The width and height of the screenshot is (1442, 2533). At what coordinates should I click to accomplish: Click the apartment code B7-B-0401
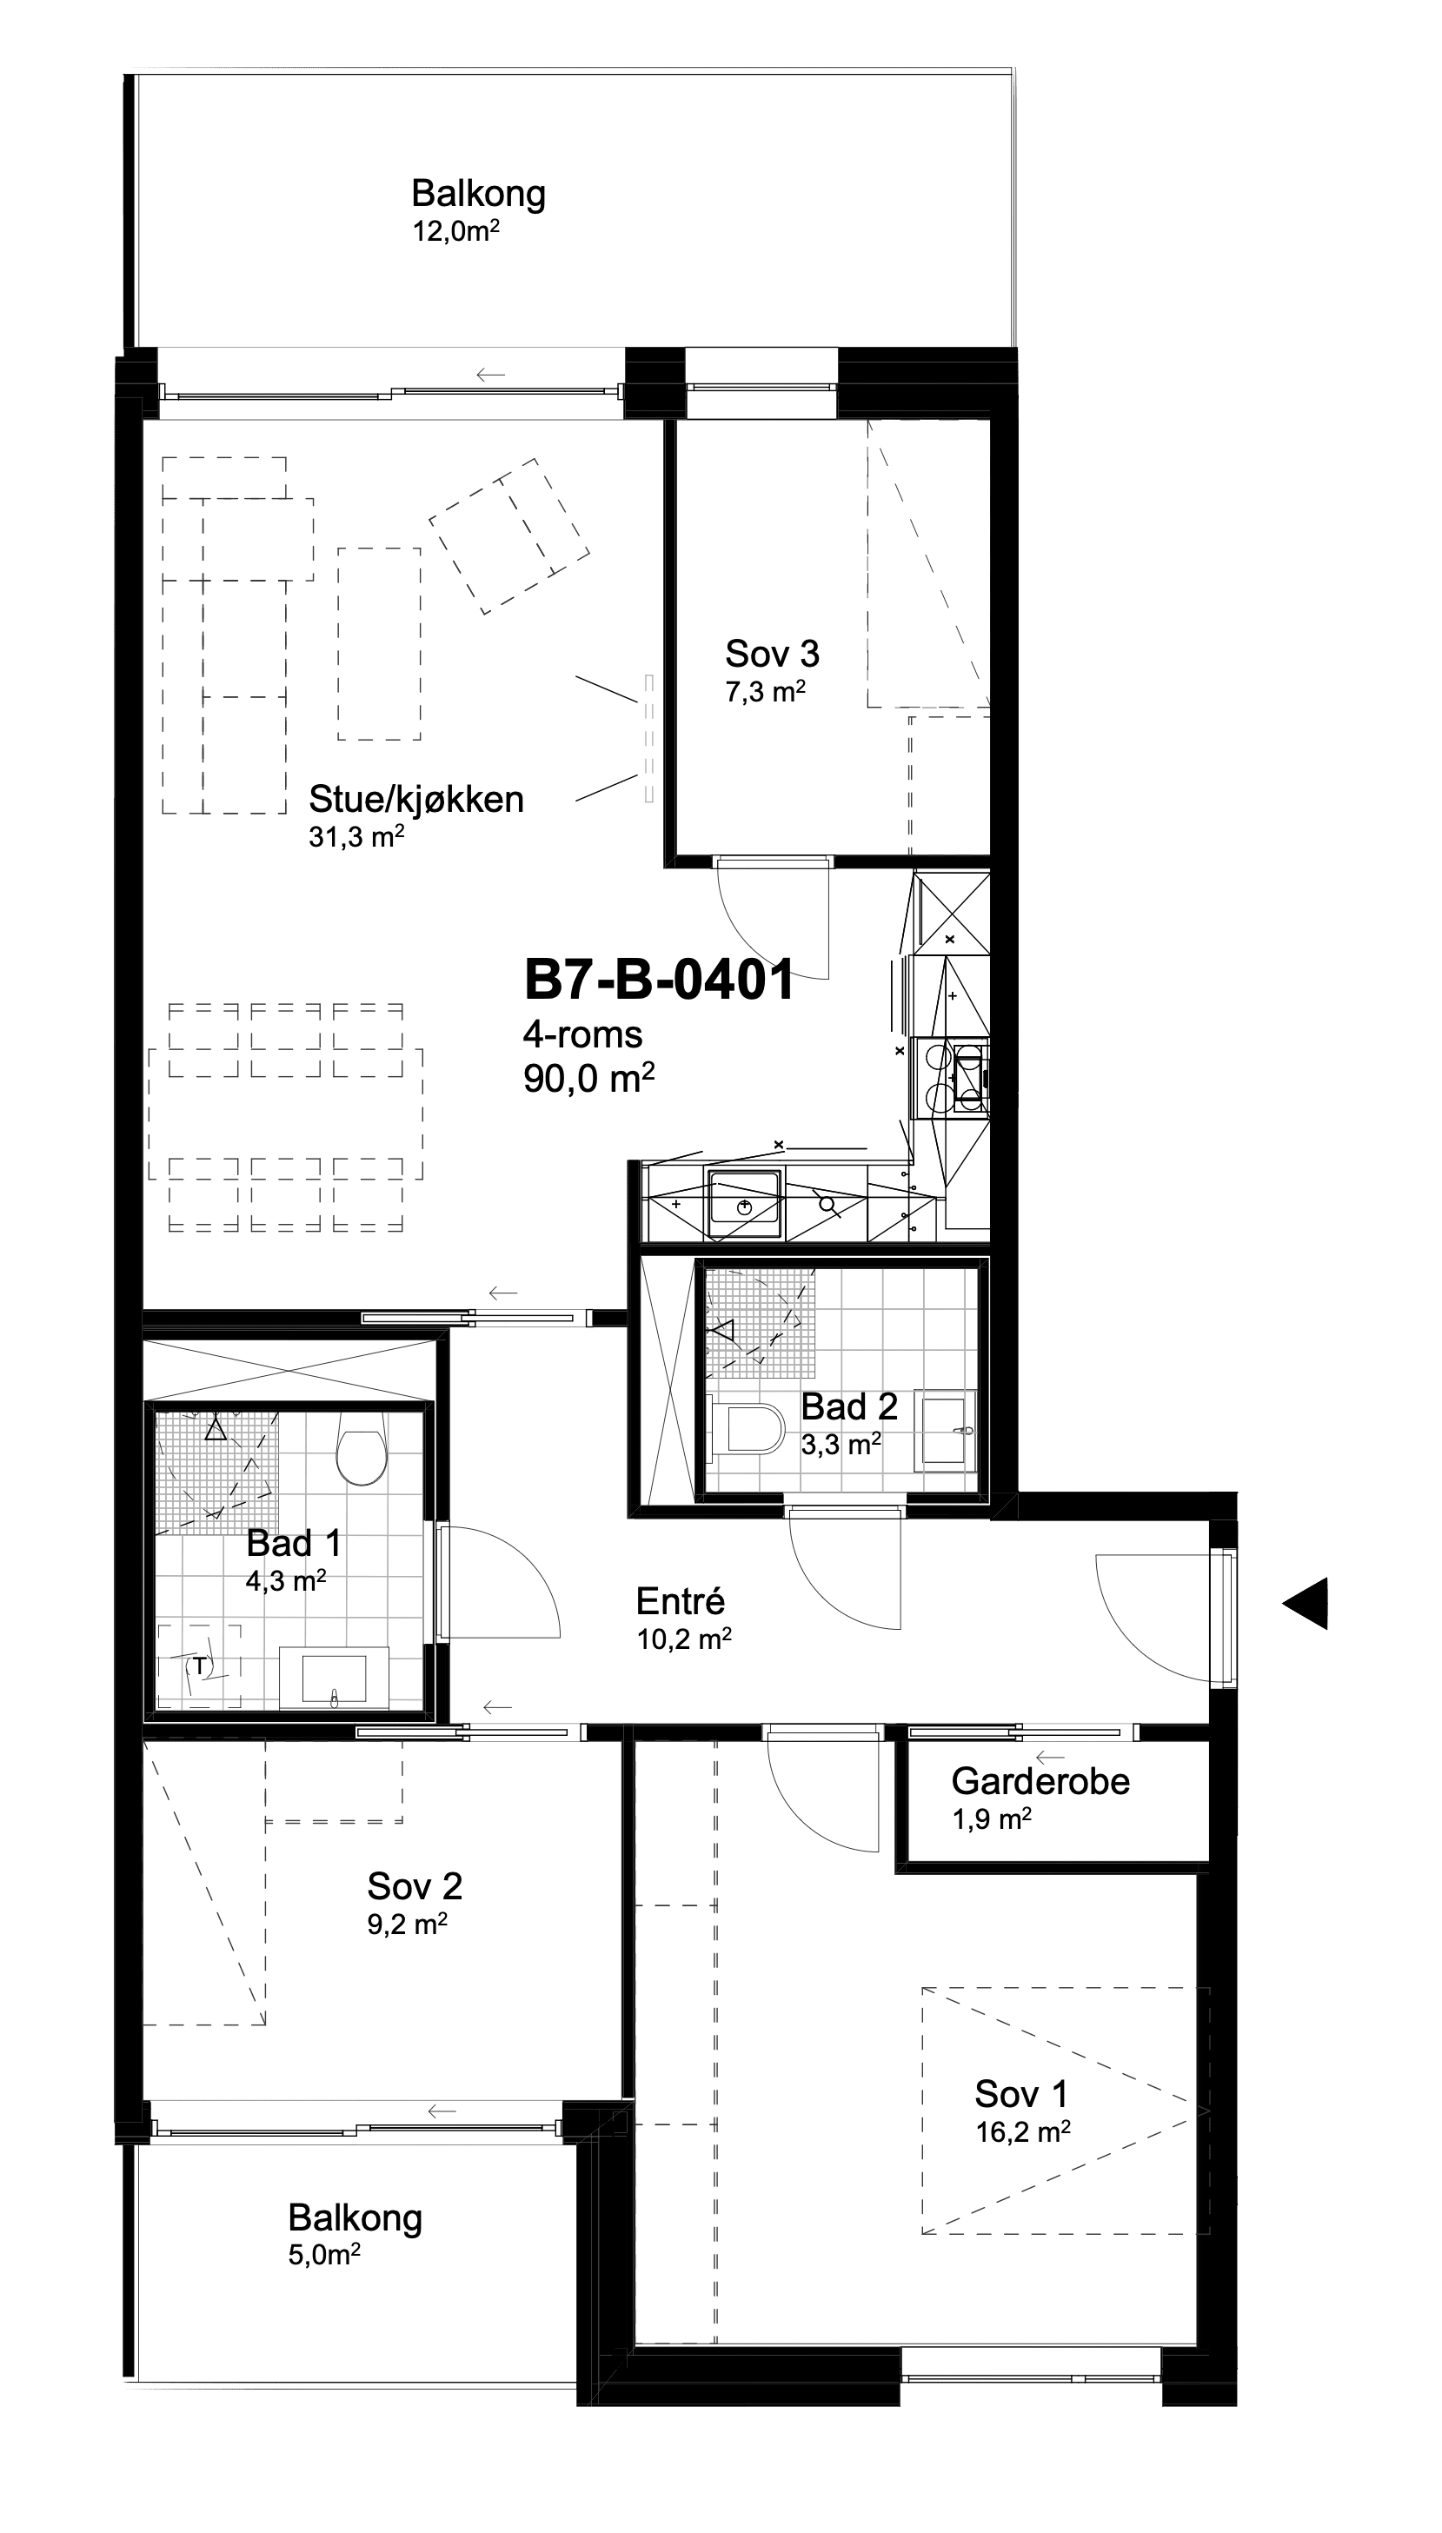(659, 981)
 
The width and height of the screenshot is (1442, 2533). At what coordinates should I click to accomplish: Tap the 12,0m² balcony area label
(455, 232)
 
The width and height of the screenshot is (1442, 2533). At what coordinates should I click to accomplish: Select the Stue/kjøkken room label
(416, 799)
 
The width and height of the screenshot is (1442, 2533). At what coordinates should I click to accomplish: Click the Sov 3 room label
(773, 654)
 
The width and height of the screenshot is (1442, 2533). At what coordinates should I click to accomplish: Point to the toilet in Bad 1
(361, 1446)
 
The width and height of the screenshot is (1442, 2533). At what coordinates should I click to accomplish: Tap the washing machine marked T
(199, 1666)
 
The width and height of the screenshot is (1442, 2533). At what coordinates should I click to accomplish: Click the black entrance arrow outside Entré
(1306, 1602)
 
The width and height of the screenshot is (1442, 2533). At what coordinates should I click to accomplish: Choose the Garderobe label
(1040, 1781)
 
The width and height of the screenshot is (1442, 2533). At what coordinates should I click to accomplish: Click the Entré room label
(681, 1601)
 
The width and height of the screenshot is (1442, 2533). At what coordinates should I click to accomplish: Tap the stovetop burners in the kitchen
(952, 1076)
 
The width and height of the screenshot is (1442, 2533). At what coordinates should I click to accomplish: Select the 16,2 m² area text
(1023, 2132)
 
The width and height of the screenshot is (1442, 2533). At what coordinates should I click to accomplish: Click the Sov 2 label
(415, 1886)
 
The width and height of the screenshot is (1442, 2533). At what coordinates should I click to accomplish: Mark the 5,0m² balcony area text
(324, 2256)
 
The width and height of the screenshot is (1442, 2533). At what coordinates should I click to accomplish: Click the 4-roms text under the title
(582, 1034)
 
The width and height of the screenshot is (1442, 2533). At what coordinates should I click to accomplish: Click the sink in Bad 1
(335, 1678)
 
